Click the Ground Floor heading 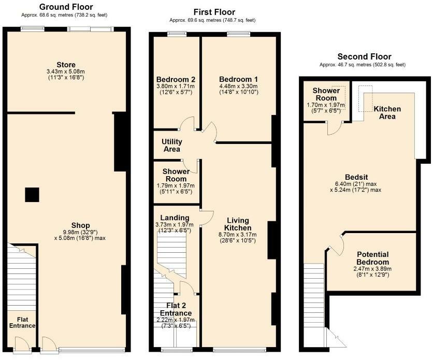[x=66, y=7]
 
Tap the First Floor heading [x=214, y=12]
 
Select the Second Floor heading [x=364, y=56]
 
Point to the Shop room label [x=81, y=225]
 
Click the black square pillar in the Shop [x=32, y=194]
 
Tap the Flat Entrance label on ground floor [x=22, y=322]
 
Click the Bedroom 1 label [x=239, y=79]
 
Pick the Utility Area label [x=171, y=145]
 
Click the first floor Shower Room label [x=176, y=175]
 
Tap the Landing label [x=174, y=218]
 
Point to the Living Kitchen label [x=238, y=224]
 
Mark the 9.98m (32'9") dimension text [x=81, y=232]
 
